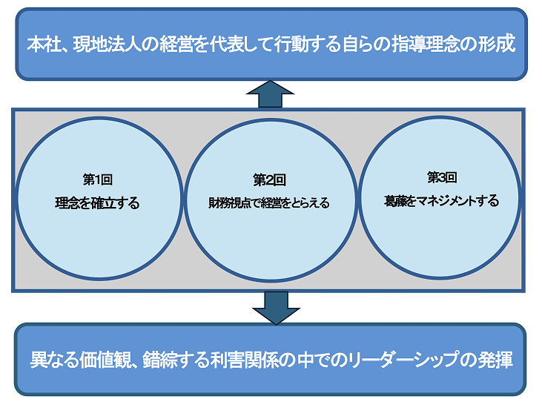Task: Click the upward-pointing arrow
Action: pyautogui.click(x=270, y=94)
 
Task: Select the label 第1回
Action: pyautogui.click(x=97, y=179)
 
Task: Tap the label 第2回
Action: pyautogui.click(x=269, y=179)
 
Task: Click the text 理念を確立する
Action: pyautogui.click(x=97, y=203)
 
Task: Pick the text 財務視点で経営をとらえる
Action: pyautogui.click(x=269, y=202)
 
